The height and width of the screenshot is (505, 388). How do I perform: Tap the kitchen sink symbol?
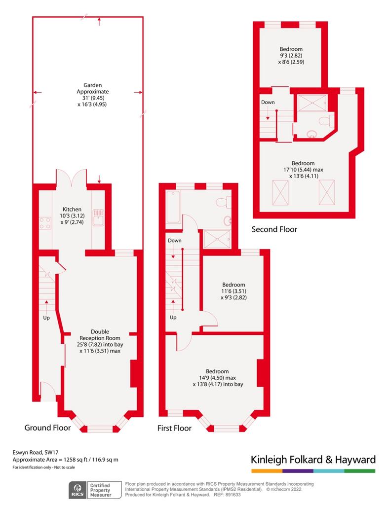click(x=98, y=217)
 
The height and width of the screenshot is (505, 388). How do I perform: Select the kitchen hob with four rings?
click(x=45, y=223)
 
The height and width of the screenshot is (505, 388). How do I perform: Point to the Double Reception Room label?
click(x=100, y=341)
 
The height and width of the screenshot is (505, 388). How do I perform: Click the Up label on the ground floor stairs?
click(x=46, y=318)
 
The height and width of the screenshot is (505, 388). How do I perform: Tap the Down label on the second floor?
click(x=268, y=102)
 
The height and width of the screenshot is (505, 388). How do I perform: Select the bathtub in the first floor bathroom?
click(x=173, y=207)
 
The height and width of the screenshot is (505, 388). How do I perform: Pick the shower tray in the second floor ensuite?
click(x=312, y=103)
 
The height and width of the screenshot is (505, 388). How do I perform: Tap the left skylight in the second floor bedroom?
click(x=280, y=193)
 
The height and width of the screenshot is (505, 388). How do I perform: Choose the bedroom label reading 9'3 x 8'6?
click(x=291, y=55)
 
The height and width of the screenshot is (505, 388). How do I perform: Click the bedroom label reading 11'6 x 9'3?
click(x=233, y=291)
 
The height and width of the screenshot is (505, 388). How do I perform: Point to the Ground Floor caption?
click(x=48, y=428)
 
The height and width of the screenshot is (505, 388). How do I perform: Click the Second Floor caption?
click(x=274, y=229)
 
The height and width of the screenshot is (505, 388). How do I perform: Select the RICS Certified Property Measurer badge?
click(x=95, y=490)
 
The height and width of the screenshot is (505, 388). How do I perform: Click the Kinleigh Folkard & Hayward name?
click(x=313, y=459)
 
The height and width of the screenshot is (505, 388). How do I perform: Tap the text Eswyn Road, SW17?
click(x=36, y=453)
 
